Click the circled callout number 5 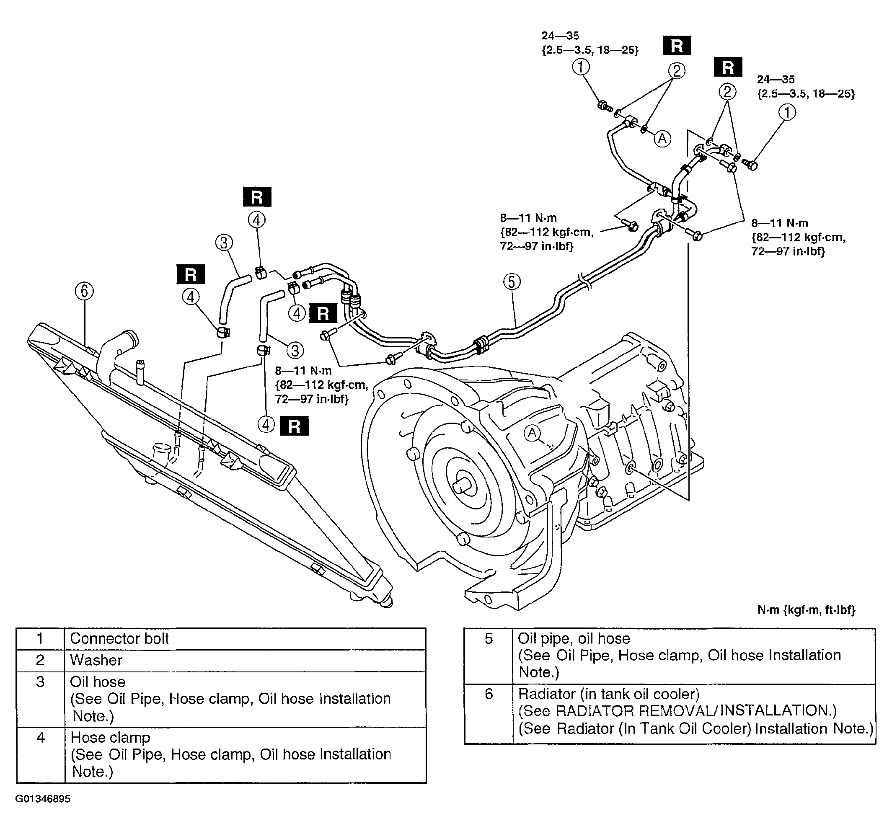coord(512,282)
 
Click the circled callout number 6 coord(84,292)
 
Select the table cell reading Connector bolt coord(119,638)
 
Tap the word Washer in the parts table coord(96,660)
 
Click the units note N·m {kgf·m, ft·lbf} coord(806,609)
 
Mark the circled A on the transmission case coord(533,433)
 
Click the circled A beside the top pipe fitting coord(662,139)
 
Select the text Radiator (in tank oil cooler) coord(609,694)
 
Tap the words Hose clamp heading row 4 coord(110,738)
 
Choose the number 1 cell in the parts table coord(40,638)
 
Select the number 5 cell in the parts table coord(489,656)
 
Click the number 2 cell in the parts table coord(40,661)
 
